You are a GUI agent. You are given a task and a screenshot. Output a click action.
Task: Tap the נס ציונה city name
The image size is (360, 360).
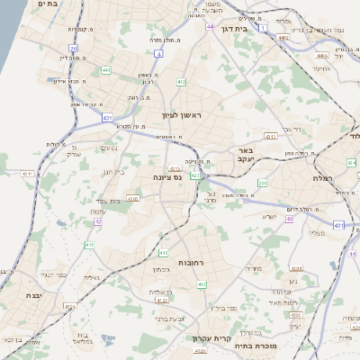pyautogui.click(x=167, y=177)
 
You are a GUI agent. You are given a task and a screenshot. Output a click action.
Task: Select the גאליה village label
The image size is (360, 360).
pyautogui.click(x=91, y=277)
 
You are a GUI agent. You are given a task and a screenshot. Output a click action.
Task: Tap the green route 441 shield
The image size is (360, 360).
pyautogui.click(x=106, y=69)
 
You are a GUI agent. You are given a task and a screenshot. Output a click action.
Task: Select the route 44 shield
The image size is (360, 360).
pyautogui.click(x=209, y=27)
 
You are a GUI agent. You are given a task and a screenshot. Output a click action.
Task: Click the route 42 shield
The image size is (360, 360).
pyautogui.click(x=96, y=220)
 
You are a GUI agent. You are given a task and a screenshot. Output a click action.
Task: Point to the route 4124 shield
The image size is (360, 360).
pyautogui.click(x=69, y=306)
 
